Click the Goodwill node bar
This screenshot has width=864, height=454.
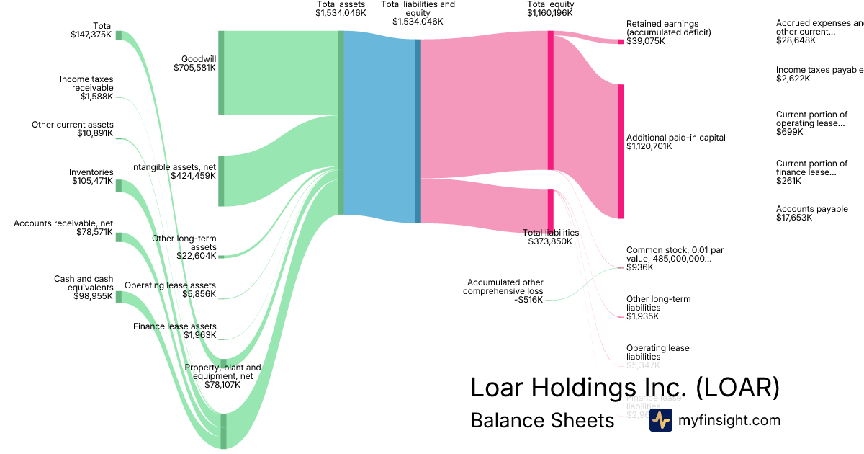[x=221, y=73]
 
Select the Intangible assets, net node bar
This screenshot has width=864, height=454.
[x=221, y=180]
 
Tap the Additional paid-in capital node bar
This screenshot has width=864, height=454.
[x=621, y=151]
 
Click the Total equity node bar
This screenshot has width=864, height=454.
[x=551, y=100]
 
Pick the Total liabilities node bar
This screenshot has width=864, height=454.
[x=551, y=209]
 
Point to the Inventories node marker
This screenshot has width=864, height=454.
[x=119, y=186]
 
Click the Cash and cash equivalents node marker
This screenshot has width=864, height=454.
[x=119, y=297]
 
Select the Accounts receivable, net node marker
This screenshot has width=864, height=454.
[x=119, y=237]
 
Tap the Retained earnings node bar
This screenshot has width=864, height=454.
[x=621, y=42]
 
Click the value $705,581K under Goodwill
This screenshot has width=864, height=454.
[x=194, y=68]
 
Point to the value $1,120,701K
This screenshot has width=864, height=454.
[x=649, y=146]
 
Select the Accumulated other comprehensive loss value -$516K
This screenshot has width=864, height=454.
[x=528, y=300]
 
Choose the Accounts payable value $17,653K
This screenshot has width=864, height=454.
[x=793, y=218]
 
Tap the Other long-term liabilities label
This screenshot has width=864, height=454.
[x=658, y=303]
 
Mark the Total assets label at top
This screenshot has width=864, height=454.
[x=341, y=4]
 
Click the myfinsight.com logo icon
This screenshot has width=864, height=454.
[x=660, y=420]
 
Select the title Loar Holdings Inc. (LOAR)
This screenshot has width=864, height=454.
[x=625, y=388]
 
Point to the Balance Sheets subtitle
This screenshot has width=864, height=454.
[x=542, y=420]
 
